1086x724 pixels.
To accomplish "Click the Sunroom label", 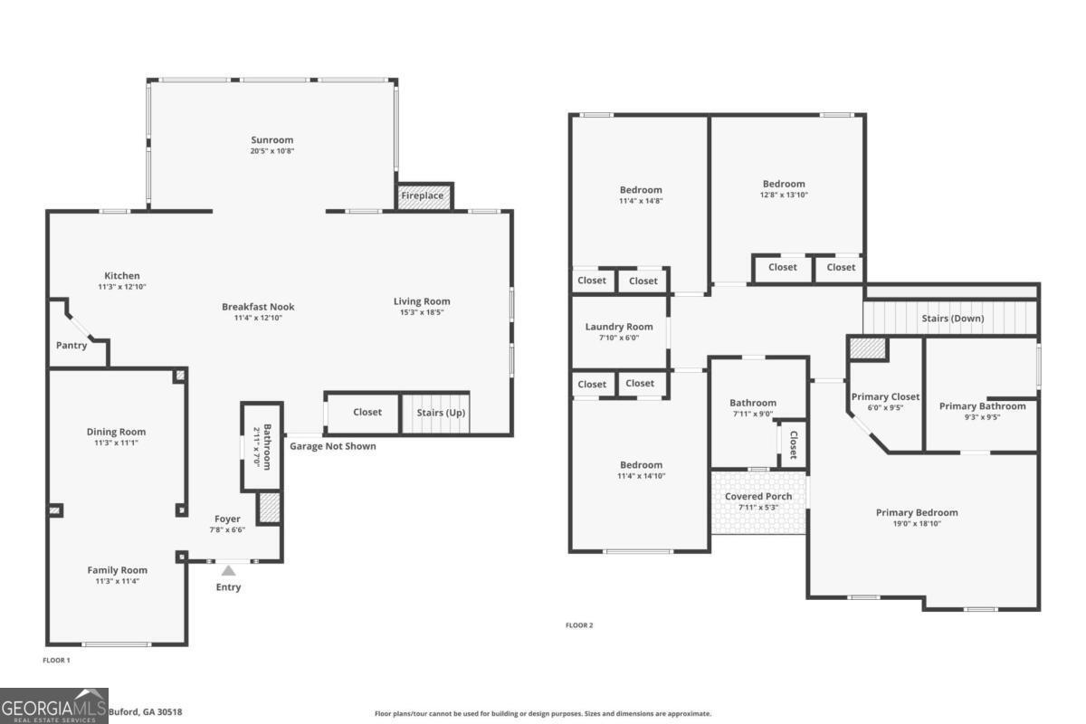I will point(271,140).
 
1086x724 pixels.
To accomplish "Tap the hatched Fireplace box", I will point(423,195).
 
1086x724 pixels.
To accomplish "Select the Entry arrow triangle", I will point(228,570).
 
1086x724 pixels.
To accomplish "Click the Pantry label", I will point(71,345).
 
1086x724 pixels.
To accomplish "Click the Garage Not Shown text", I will point(332,446).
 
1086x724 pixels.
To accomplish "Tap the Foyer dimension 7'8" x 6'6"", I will point(227,530).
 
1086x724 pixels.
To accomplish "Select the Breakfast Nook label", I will point(258,307).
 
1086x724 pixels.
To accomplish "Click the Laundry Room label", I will point(618,327).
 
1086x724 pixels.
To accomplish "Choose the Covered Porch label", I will point(758,496).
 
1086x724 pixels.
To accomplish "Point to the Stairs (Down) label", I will point(952,319).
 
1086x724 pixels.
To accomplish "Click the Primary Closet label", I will point(885,396).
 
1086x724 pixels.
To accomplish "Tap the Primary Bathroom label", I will point(982,406).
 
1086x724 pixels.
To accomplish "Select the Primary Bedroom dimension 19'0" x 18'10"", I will point(916,523).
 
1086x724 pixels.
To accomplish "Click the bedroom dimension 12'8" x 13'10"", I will point(783,195).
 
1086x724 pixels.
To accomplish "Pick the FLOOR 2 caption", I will point(579,625).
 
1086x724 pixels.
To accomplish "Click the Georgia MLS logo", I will point(54,705).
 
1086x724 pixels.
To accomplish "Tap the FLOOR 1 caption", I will point(56,661).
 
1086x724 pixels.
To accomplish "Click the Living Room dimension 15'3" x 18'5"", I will point(421,312).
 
